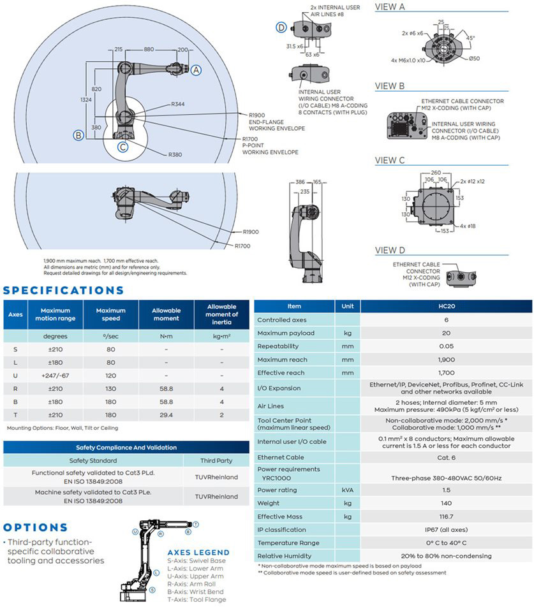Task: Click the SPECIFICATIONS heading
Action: (64, 290)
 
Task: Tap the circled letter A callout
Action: (197, 69)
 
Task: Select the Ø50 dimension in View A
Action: (474, 59)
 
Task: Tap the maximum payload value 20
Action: (446, 333)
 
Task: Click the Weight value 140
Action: (446, 503)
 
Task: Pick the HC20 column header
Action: (446, 306)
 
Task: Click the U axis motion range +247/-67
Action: (55, 376)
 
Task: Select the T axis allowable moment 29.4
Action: (166, 415)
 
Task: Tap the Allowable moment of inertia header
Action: (221, 314)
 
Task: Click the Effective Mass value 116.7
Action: (446, 516)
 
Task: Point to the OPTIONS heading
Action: (35, 527)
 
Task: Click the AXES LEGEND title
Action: (198, 552)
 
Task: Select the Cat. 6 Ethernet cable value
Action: (446, 457)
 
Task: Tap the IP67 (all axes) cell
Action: (446, 530)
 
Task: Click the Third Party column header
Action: (216, 460)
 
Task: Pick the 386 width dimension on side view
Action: (300, 182)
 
